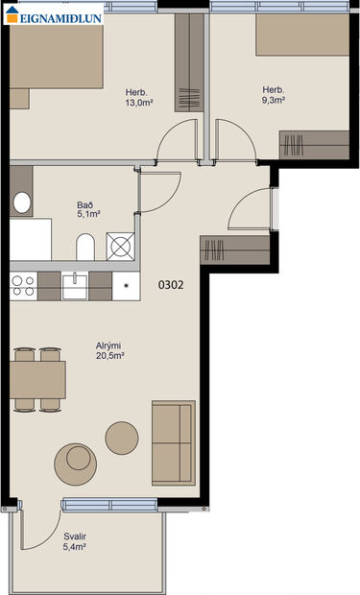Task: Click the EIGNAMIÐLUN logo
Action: pos(52,14)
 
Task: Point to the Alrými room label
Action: pos(108,348)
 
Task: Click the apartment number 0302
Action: pos(171,284)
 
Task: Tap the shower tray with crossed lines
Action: pos(121,246)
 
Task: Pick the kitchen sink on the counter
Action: pos(75,284)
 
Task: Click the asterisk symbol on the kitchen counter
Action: pos(127,285)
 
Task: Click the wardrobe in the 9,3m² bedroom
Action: pos(314,144)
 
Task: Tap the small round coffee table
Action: pos(121,438)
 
